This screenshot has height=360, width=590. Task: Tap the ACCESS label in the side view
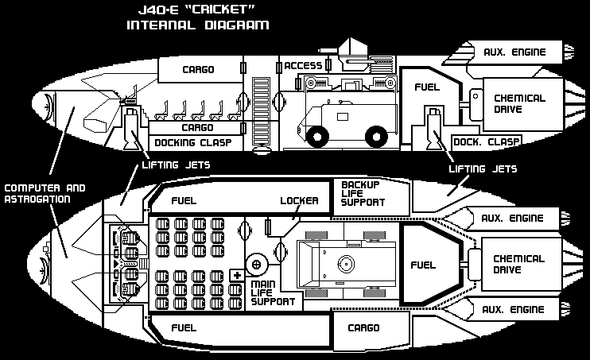tap(304, 66)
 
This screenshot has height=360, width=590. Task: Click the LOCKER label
tap(299, 200)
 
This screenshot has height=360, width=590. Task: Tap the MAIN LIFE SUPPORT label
tap(273, 292)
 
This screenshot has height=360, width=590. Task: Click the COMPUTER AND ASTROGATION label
tap(45, 193)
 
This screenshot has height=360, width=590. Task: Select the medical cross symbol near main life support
tap(236, 275)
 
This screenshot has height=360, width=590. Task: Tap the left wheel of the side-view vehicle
tap(315, 137)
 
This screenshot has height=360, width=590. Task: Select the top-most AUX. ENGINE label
tap(514, 52)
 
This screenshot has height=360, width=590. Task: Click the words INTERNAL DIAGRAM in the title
tap(198, 25)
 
